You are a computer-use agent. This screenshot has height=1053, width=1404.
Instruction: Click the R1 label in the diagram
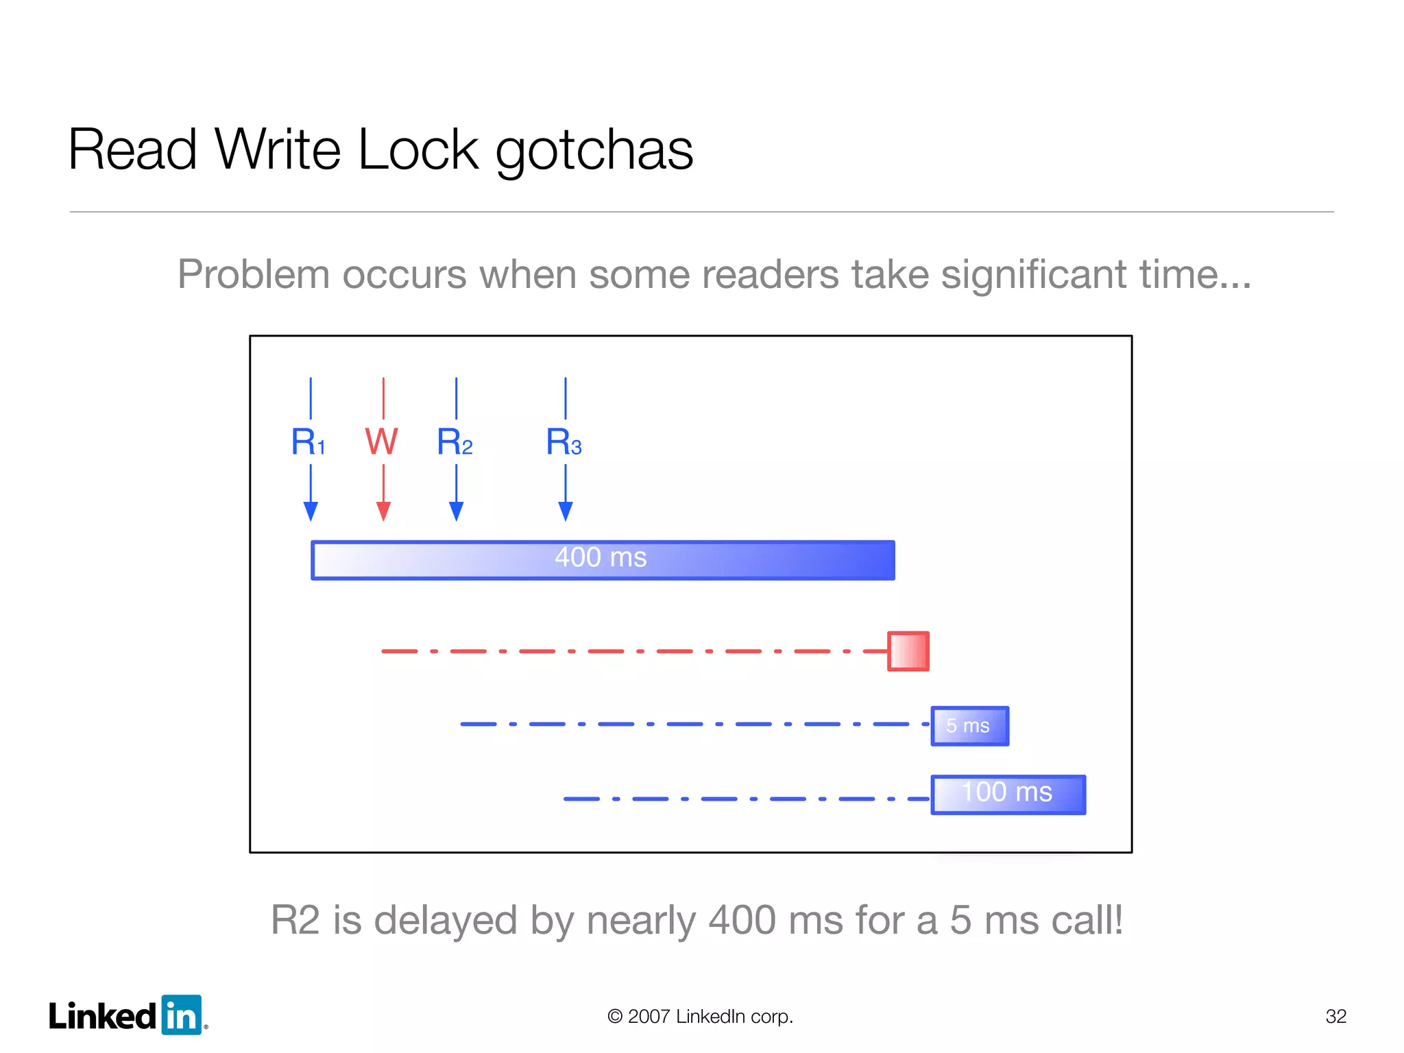point(308,441)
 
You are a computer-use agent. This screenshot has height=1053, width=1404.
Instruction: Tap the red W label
point(381,441)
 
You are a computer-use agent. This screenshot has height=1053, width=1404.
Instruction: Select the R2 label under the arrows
point(455,441)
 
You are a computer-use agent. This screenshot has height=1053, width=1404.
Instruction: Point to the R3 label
point(564,441)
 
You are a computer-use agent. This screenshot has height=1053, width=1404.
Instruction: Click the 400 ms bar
point(603,560)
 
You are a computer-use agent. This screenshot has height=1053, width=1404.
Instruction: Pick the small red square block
point(908,651)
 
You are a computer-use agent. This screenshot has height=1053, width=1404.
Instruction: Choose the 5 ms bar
point(969,725)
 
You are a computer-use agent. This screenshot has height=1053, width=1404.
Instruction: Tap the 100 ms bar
point(1008,795)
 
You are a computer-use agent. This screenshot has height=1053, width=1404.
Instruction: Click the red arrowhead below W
point(383,511)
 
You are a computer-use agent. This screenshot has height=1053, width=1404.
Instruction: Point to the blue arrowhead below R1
point(311,511)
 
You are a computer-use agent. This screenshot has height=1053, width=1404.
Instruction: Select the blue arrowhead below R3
point(566,511)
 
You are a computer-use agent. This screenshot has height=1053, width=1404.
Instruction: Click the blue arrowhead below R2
point(457,511)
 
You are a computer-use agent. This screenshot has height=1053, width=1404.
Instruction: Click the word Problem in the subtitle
point(254,274)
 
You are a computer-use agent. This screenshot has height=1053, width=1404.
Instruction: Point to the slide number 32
point(1335,1016)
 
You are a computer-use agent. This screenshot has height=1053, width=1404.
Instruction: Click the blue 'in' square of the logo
point(182,1015)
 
